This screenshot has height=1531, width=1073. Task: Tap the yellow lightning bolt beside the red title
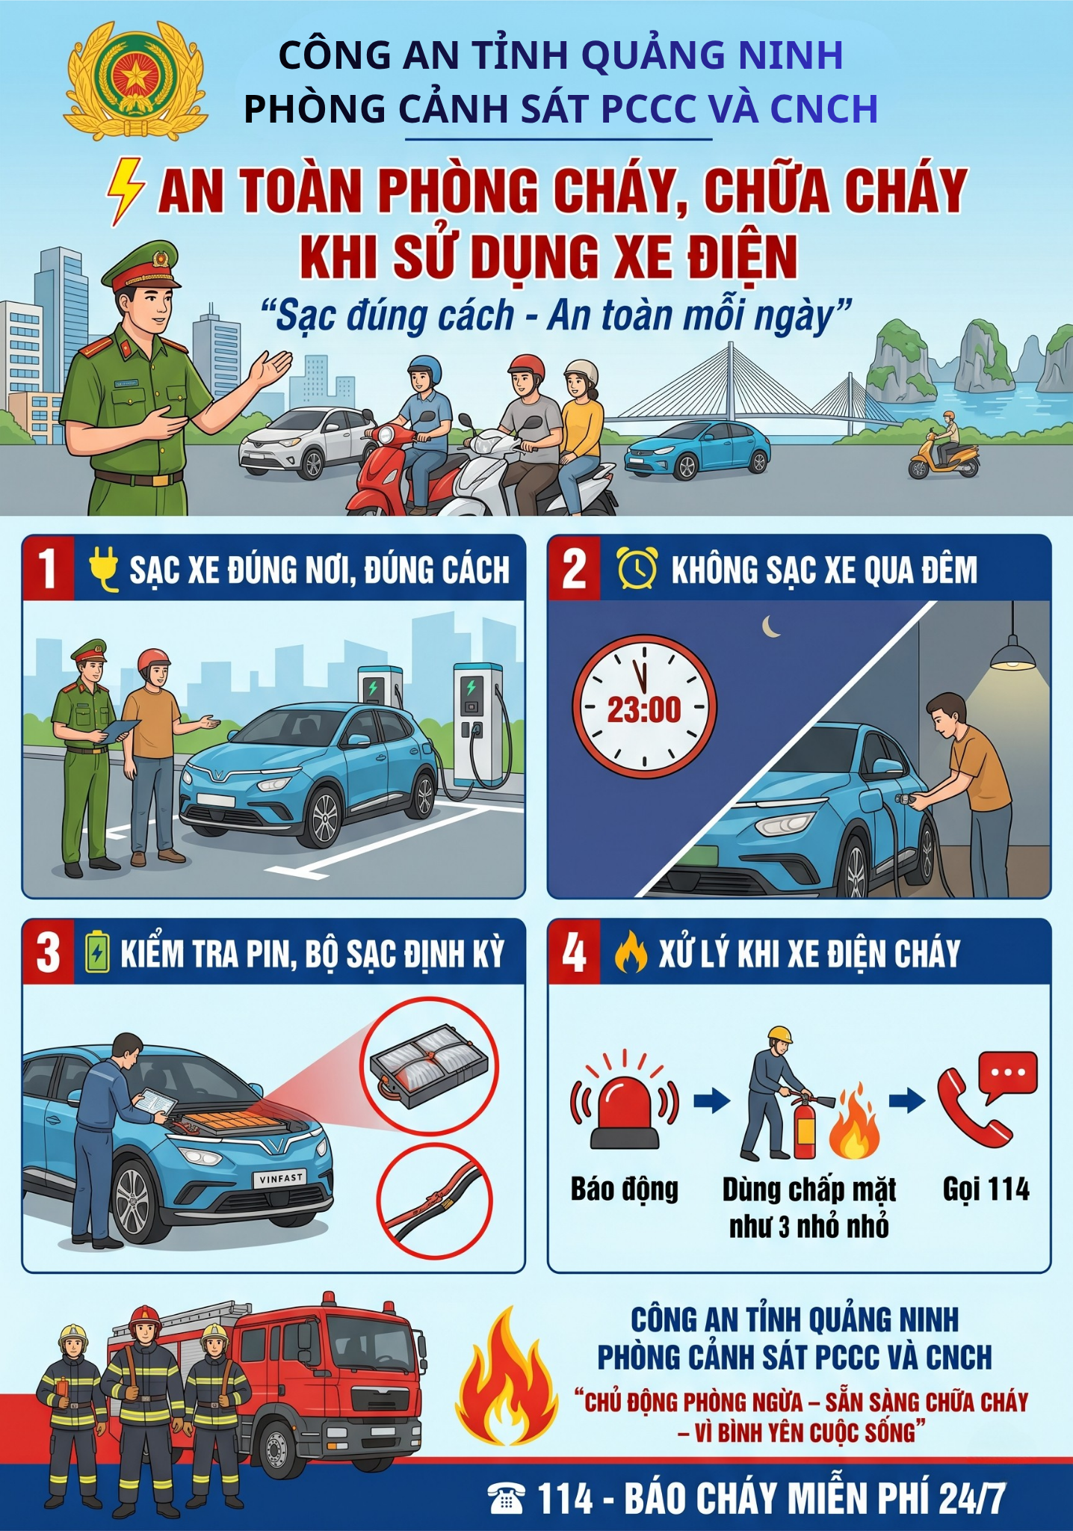pyautogui.click(x=125, y=191)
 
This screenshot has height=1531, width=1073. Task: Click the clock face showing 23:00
pyautogui.click(x=644, y=706)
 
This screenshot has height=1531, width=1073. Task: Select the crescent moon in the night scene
pyautogui.click(x=770, y=626)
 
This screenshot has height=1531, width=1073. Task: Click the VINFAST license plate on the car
pyautogui.click(x=280, y=1178)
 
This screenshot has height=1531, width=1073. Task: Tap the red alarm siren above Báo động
pyautogui.click(x=625, y=1100)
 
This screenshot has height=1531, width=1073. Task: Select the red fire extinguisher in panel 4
pyautogui.click(x=804, y=1125)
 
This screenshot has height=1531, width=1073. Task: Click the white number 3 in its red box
pyautogui.click(x=48, y=954)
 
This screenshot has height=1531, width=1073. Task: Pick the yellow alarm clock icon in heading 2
pyautogui.click(x=637, y=568)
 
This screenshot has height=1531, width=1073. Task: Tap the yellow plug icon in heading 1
pyautogui.click(x=104, y=569)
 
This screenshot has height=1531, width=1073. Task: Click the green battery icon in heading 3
pyautogui.click(x=97, y=952)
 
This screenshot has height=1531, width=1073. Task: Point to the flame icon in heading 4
pyautogui.click(x=630, y=952)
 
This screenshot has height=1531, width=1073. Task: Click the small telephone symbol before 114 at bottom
pyautogui.click(x=506, y=1498)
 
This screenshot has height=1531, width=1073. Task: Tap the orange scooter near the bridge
pyautogui.click(x=943, y=456)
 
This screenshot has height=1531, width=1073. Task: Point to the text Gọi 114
pyautogui.click(x=986, y=1189)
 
